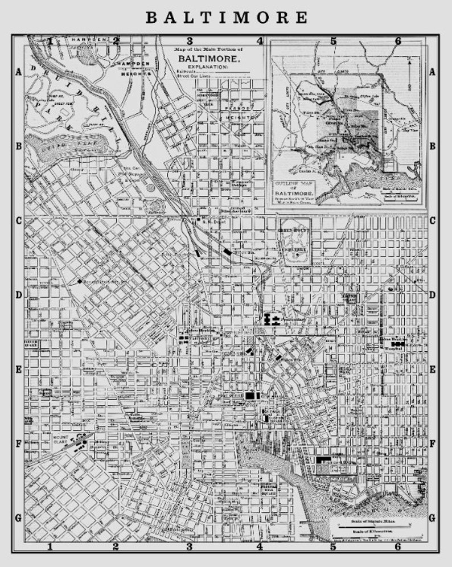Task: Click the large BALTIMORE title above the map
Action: click(x=226, y=17)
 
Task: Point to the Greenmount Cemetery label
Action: click(x=294, y=235)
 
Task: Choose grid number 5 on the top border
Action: click(x=334, y=41)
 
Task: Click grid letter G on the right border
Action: click(x=432, y=517)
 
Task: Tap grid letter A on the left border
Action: click(x=18, y=72)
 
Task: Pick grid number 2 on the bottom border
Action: click(x=116, y=547)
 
